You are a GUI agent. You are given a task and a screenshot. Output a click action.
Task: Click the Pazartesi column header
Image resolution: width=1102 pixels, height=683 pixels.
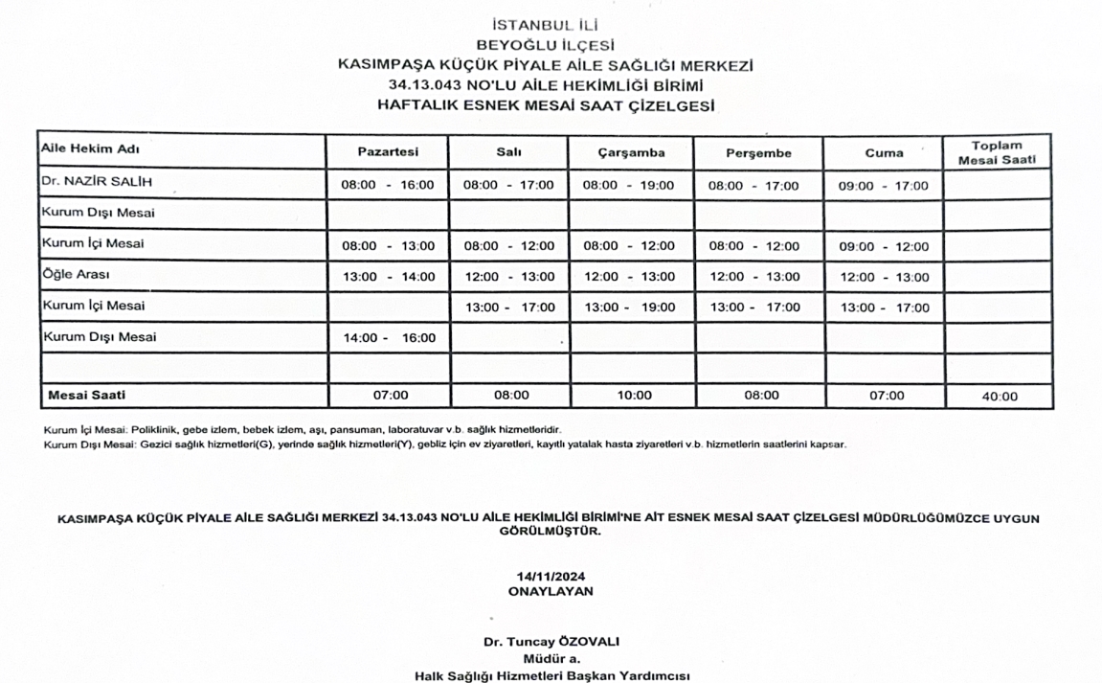click(x=388, y=152)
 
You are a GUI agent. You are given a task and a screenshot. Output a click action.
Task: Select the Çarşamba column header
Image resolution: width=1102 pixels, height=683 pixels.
click(x=630, y=153)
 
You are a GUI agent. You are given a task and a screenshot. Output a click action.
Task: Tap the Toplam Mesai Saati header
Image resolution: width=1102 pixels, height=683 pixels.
click(x=997, y=153)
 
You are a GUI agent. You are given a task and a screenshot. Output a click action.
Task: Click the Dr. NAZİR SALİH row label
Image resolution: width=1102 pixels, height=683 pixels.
click(x=97, y=182)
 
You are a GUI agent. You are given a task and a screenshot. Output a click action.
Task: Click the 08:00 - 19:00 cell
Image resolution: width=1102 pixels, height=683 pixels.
click(x=630, y=186)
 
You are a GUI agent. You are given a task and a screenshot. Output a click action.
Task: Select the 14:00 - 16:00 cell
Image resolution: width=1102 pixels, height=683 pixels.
click(x=388, y=338)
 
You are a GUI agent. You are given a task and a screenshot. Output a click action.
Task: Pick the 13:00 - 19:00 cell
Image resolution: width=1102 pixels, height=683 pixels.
click(x=630, y=307)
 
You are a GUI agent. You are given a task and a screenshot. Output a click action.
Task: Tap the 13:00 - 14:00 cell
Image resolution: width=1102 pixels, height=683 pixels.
click(x=388, y=277)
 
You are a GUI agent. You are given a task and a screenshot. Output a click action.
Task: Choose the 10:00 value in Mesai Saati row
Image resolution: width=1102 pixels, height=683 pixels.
click(x=634, y=396)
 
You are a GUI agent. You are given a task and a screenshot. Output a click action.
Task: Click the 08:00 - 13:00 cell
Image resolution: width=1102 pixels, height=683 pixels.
click(x=388, y=246)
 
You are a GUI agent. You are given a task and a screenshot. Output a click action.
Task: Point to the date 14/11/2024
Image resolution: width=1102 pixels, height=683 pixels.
click(x=551, y=577)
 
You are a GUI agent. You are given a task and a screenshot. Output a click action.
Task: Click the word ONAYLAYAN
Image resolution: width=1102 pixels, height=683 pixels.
click(x=551, y=591)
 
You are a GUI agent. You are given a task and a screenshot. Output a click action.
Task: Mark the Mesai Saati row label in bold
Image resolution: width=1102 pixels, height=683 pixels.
click(x=87, y=395)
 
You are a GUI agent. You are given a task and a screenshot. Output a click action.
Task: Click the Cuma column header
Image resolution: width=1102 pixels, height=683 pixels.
click(x=884, y=153)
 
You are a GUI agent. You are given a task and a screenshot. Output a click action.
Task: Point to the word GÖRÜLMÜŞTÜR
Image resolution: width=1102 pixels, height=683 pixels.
click(x=551, y=531)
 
